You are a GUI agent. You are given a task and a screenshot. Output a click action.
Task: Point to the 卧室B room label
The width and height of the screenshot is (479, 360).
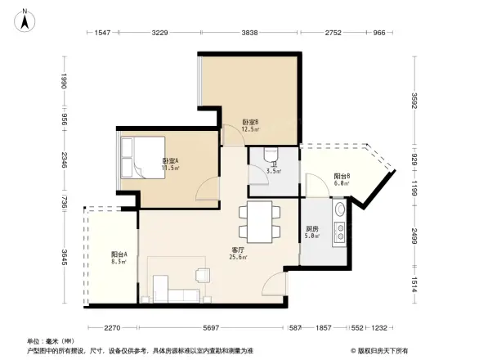pyautogui.click(x=250, y=121)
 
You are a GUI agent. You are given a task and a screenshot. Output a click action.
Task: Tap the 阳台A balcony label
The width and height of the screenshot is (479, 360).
pyautogui.click(x=119, y=254)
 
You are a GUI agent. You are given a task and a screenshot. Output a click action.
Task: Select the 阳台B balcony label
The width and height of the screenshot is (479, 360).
pyautogui.click(x=342, y=176)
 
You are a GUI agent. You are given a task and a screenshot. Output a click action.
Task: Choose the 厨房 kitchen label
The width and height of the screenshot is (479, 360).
pyautogui.click(x=312, y=229)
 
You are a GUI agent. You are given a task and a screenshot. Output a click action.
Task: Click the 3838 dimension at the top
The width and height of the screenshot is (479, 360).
pyautogui.click(x=250, y=33)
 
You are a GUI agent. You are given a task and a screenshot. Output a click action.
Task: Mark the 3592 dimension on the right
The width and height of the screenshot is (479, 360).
pyautogui.click(x=414, y=103)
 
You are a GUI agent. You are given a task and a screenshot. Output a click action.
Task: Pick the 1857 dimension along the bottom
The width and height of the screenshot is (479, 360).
pyautogui.click(x=325, y=327)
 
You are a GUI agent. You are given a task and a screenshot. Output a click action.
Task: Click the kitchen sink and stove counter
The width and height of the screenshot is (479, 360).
pyautogui.click(x=338, y=225)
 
